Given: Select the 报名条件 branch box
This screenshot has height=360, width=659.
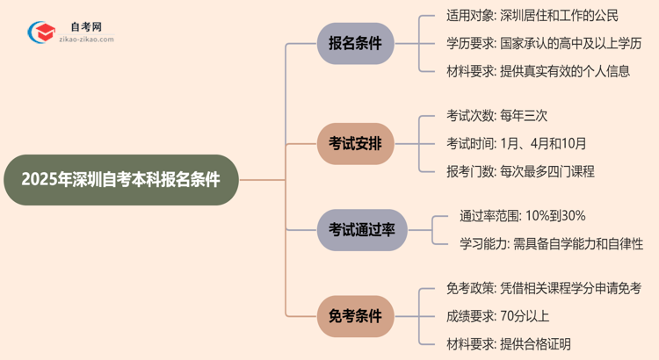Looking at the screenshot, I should (355, 43).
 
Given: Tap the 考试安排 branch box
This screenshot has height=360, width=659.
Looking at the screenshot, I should (355, 143).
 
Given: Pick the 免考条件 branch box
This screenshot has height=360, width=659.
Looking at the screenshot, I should (355, 315).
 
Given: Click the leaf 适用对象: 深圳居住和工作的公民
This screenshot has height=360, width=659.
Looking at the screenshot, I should (532, 15).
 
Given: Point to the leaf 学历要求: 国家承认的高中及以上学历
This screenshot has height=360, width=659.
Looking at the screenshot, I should (543, 43).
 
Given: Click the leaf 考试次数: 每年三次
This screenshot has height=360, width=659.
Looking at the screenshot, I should (497, 115).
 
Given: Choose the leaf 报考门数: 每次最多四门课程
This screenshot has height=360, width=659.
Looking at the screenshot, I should (520, 171).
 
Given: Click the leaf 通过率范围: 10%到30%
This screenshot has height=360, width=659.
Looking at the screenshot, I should (522, 215).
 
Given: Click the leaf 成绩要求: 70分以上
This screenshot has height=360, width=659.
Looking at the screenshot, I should (497, 315).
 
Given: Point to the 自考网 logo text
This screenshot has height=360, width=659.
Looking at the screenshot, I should (85, 27).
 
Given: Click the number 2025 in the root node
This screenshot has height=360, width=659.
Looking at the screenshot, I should (38, 180).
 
